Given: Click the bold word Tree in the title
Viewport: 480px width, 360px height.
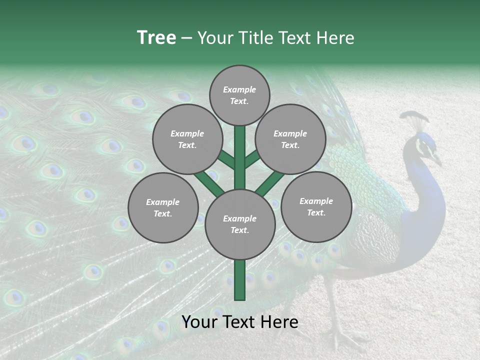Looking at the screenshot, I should (156, 37).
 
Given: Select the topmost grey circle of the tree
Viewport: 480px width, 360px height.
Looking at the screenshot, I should (239, 95).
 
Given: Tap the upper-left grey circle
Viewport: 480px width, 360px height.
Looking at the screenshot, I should (187, 139).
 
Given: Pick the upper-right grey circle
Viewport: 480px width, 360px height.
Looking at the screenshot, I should (290, 139).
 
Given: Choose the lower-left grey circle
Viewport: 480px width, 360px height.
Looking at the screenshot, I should (163, 207).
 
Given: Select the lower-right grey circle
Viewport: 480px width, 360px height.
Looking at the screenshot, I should (316, 206).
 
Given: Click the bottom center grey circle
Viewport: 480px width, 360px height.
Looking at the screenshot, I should (240, 224).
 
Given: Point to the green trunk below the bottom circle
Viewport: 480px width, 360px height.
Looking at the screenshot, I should (240, 280).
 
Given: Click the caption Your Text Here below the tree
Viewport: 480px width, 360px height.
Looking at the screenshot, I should (240, 321).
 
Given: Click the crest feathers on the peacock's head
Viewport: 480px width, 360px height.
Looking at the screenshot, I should (415, 119).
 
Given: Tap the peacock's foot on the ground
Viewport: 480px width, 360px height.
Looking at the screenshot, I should (345, 340).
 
